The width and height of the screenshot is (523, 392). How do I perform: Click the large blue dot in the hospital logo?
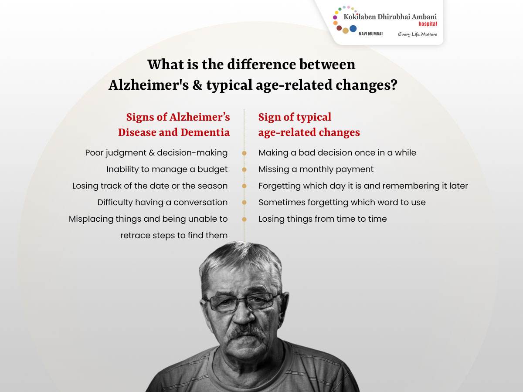coord(353,29)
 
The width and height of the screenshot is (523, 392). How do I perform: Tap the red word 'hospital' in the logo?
coord(428,24)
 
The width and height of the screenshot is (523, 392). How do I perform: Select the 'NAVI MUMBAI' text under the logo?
coord(371,34)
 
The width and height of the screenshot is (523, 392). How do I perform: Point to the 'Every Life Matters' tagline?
coord(417,34)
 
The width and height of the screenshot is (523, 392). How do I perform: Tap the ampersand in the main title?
coord(197,85)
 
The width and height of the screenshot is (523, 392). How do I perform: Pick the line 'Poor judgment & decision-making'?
coord(156,153)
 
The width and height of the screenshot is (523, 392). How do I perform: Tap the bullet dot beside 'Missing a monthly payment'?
coord(244,169)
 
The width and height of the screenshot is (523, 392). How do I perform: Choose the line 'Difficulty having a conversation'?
coord(163,202)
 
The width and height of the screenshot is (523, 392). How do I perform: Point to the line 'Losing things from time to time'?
coord(323,219)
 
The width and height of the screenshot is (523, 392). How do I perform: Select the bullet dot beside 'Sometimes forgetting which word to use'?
coord(244,202)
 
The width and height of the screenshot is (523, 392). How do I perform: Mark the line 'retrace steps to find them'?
coord(174,236)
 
